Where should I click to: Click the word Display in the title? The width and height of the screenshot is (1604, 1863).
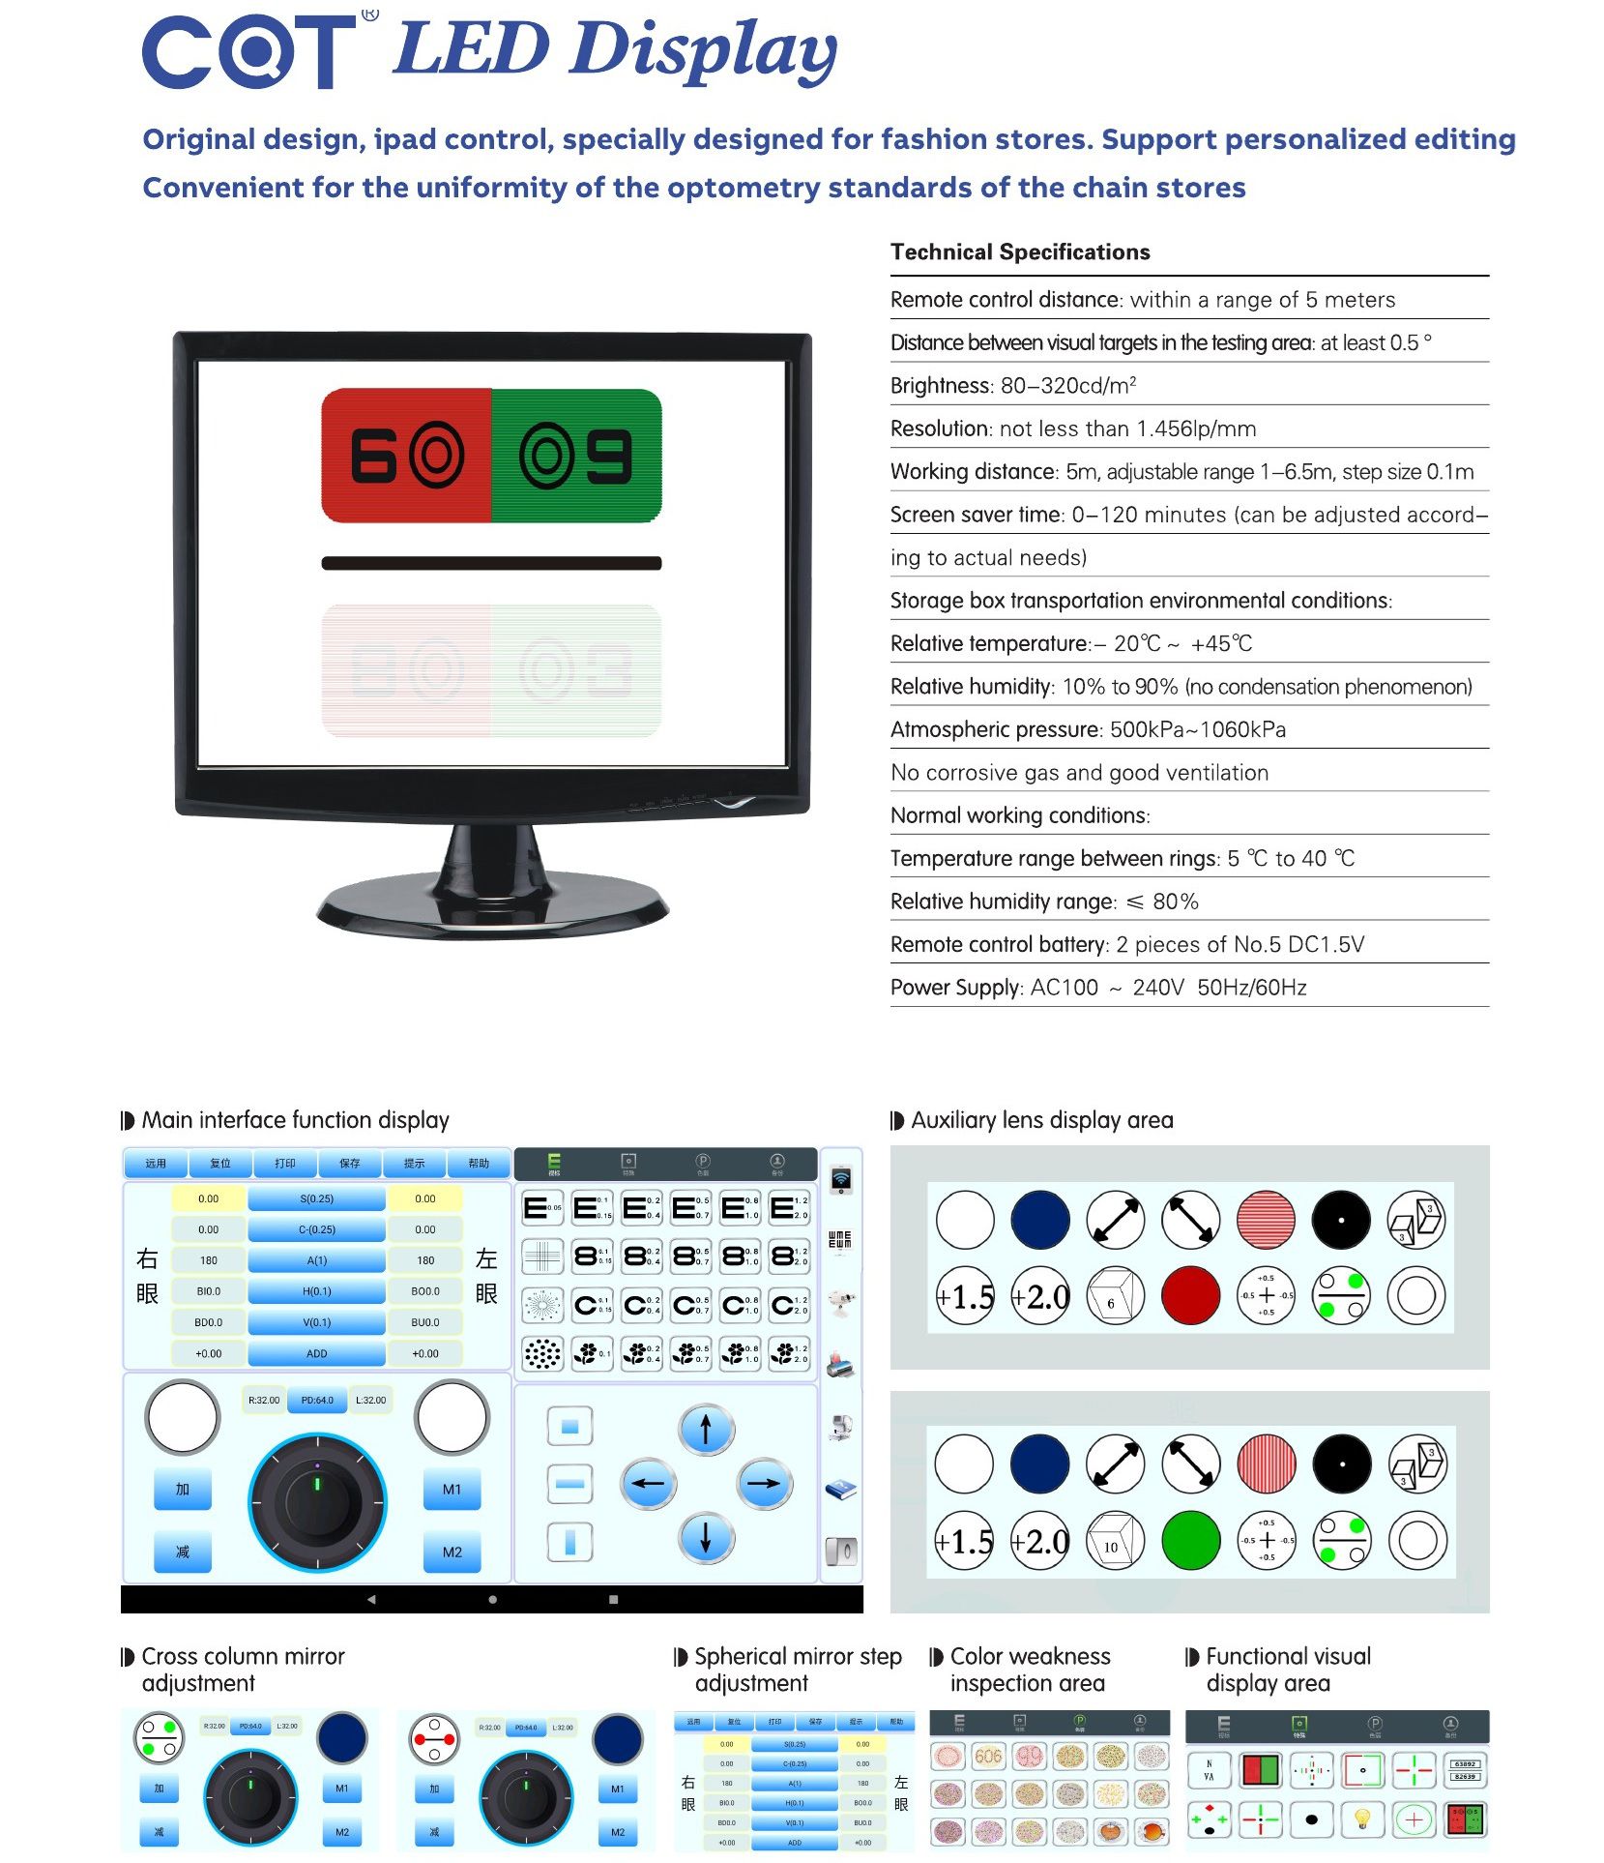click(x=702, y=50)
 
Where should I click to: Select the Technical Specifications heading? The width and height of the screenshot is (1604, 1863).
click(x=1020, y=252)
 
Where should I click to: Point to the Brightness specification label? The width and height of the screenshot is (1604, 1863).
click(x=940, y=386)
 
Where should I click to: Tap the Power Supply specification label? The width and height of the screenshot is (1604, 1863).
click(x=954, y=988)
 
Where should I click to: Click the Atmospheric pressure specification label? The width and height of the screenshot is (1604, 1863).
click(x=993, y=729)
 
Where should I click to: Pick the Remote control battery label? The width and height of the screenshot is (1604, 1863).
click(x=998, y=944)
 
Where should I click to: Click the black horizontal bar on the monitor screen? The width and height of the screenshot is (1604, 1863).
click(x=491, y=563)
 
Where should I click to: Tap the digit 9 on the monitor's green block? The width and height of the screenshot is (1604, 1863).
click(x=610, y=455)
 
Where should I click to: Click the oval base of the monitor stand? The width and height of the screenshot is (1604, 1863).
click(x=492, y=910)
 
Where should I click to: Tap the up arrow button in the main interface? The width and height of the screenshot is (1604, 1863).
click(x=706, y=1429)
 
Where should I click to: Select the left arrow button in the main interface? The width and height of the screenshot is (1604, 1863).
click(x=648, y=1483)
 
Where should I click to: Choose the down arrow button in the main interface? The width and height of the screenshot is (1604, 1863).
click(x=706, y=1537)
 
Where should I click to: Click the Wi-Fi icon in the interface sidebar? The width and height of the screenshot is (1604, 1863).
click(x=840, y=1179)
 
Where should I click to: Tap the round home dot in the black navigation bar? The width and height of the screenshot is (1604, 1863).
click(x=492, y=1600)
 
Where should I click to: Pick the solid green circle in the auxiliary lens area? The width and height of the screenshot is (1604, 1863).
click(x=1191, y=1540)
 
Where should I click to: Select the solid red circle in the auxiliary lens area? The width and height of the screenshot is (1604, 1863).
click(x=1191, y=1295)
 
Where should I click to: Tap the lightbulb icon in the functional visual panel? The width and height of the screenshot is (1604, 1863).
click(x=1362, y=1819)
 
